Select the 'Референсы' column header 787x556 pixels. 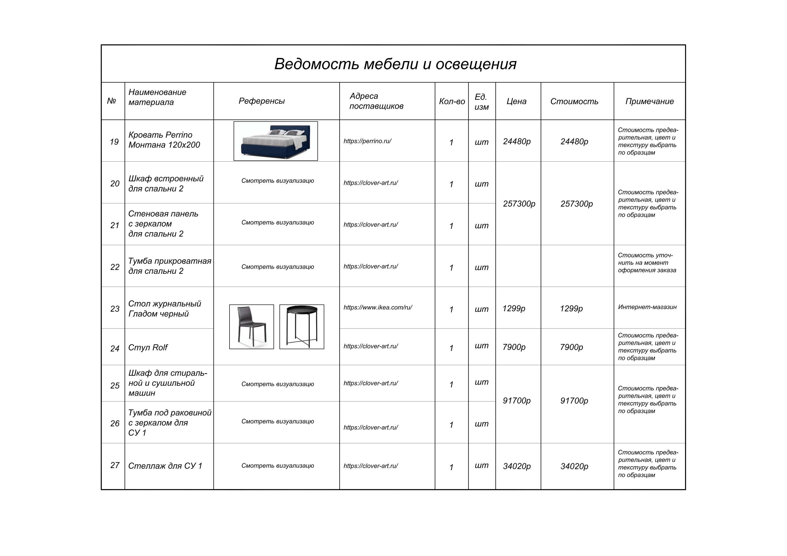(262, 101)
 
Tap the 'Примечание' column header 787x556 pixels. (649, 102)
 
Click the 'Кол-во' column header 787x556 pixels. (452, 102)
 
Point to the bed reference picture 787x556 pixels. (276, 141)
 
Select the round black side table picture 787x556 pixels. (302, 327)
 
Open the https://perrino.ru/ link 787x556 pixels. (367, 141)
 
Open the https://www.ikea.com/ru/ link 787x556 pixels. (378, 307)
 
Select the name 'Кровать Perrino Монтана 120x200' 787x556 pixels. (164, 140)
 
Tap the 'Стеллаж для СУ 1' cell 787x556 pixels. (165, 466)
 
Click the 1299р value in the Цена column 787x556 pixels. (514, 309)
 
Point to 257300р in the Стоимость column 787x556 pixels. (577, 204)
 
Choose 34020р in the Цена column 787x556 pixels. (517, 466)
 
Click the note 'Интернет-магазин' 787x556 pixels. (647, 307)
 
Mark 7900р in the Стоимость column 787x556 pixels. (571, 347)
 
